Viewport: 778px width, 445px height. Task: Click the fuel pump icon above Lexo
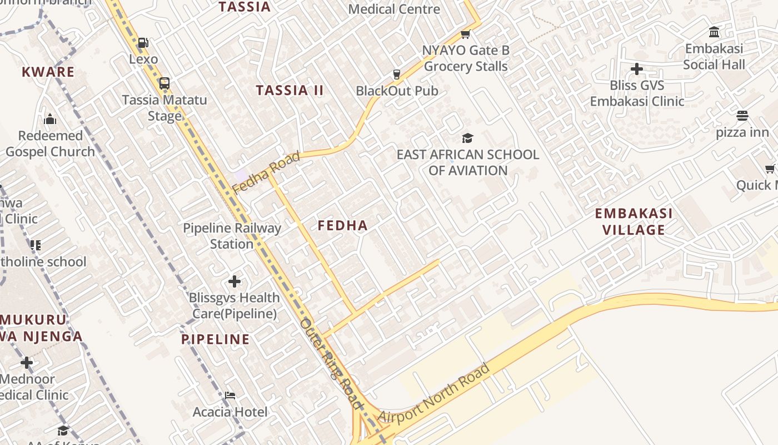(x=143, y=42)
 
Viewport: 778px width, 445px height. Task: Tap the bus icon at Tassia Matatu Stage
(x=164, y=83)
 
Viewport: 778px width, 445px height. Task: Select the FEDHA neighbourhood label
(x=342, y=225)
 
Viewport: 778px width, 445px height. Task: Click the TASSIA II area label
(x=289, y=91)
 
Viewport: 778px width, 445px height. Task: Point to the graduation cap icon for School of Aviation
(x=467, y=138)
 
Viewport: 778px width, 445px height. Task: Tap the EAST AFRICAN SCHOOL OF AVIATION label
(x=467, y=162)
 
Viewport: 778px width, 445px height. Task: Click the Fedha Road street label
(x=266, y=172)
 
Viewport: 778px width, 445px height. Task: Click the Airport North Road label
(x=435, y=393)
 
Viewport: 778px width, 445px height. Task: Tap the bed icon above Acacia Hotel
(x=230, y=395)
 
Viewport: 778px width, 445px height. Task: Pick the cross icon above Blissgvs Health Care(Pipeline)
(x=235, y=281)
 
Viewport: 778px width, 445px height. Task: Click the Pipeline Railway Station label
(x=232, y=236)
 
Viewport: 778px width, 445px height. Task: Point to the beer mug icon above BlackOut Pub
(x=396, y=74)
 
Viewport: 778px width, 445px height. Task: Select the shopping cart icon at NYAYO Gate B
(x=466, y=34)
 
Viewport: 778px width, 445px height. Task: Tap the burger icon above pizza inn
(x=742, y=116)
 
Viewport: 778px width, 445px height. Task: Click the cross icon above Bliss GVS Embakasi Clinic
(x=637, y=69)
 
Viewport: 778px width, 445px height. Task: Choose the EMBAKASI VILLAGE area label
(x=634, y=221)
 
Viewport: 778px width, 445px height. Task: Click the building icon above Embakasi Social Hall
(x=714, y=32)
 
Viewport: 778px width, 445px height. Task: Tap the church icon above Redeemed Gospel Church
(x=50, y=119)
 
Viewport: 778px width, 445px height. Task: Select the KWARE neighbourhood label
(x=48, y=72)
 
